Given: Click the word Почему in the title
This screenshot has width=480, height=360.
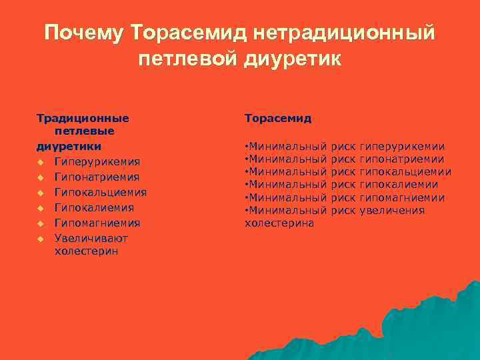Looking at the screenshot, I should [x=85, y=33].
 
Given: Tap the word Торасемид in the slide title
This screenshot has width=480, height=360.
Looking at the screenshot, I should [x=179, y=33].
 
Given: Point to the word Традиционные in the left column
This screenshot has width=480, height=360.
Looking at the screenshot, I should [x=83, y=118].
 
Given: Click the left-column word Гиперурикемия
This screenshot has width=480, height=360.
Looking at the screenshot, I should [x=97, y=162].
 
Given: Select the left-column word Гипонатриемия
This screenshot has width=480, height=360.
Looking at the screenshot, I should [x=97, y=177].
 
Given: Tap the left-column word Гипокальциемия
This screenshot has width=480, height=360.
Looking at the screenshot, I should [x=101, y=193].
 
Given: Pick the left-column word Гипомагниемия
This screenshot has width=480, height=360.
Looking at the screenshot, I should [x=97, y=223].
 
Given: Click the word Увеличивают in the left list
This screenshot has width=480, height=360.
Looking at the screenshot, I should [x=91, y=238].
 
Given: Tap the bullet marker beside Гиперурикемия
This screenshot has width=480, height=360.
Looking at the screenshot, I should [x=41, y=162].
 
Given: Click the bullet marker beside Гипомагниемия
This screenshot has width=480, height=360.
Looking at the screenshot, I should [x=41, y=223].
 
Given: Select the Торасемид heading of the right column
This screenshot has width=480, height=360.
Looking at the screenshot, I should [x=278, y=118].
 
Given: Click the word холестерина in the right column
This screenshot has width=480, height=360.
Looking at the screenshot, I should [x=279, y=223].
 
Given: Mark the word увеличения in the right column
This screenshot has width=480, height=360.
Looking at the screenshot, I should [x=392, y=211].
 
